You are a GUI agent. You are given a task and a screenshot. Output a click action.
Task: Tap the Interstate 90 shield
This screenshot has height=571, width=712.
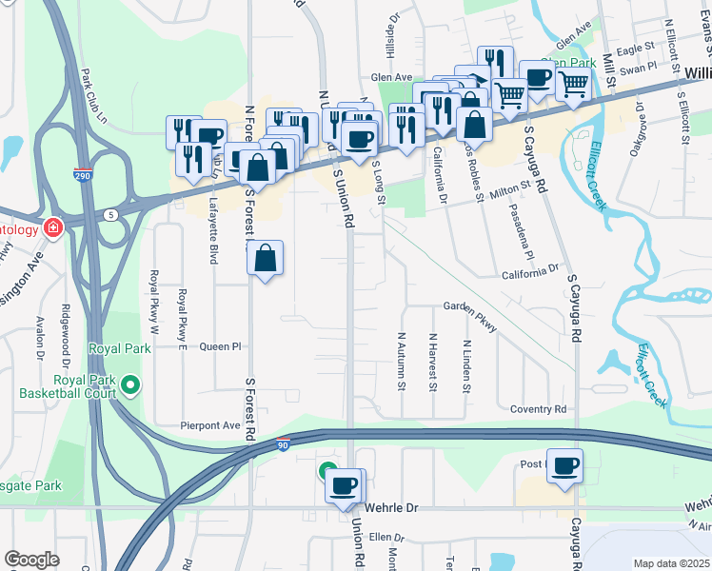282,444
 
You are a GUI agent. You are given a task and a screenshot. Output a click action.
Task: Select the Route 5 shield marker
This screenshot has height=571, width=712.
112,215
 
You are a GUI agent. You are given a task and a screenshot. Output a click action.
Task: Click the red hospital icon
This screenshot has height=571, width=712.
52,228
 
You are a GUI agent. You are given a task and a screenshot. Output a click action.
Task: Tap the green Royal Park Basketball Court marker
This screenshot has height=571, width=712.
131,385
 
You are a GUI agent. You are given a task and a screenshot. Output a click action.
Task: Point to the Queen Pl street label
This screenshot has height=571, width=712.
221,347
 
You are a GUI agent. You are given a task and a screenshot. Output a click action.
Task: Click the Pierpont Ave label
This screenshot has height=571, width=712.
211,425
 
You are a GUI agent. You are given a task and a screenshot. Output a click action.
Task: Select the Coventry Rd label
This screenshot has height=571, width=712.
538,409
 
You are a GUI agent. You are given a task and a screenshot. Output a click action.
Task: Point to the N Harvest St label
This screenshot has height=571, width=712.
432,362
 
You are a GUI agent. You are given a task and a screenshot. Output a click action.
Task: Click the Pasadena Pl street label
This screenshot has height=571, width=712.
526,238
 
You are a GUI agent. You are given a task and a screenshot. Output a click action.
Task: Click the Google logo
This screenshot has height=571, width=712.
31,560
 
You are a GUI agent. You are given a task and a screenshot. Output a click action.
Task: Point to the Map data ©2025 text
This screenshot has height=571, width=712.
671,563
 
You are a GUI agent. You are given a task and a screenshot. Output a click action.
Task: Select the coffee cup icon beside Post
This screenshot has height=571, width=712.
565,464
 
